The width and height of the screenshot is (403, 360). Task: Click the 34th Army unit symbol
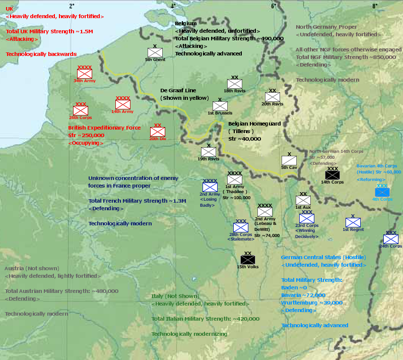84,73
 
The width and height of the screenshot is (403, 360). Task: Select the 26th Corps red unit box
81,110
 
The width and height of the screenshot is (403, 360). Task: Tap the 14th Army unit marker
123,104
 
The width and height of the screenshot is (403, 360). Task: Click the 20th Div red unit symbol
157,132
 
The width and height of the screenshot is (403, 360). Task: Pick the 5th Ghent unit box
155,52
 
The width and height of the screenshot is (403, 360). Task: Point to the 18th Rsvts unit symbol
235,84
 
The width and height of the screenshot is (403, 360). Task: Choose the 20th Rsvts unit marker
272,97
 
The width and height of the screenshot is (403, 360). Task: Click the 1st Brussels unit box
220,106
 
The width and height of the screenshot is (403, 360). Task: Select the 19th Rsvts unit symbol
209,152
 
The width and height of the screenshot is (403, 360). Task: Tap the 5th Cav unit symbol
289,160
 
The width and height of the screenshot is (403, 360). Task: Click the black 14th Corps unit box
332,175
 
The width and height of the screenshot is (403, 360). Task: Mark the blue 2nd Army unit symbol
210,187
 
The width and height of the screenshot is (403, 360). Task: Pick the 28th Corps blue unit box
241,227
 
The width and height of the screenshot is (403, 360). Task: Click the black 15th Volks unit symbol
248,260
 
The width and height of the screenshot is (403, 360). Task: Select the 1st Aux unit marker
303,200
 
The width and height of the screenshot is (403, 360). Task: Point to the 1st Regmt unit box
353,222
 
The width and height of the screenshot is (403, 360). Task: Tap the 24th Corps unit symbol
390,239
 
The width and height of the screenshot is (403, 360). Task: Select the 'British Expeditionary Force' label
104,128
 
